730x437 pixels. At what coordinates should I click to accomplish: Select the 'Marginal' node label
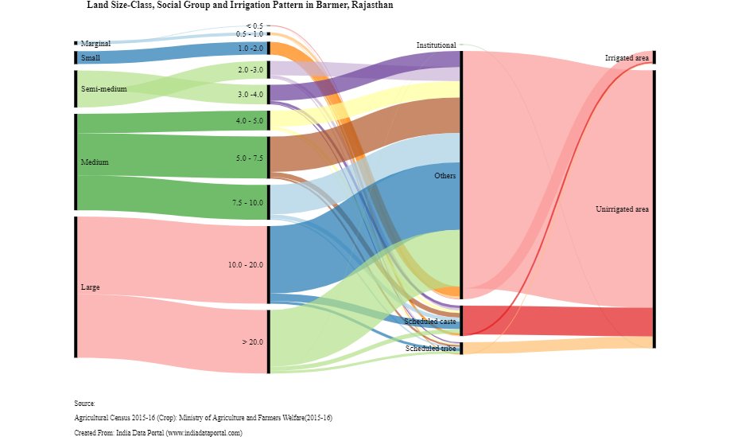pos(95,44)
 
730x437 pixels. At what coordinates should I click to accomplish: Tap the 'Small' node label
pos(90,58)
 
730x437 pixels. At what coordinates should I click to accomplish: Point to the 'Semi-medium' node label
pos(103,89)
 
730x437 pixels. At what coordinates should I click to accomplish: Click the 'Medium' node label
pos(95,162)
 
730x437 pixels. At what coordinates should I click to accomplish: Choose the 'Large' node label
pos(90,287)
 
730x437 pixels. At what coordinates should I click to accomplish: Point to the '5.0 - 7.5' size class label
pos(249,159)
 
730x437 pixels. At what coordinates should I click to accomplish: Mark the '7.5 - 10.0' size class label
pos(247,204)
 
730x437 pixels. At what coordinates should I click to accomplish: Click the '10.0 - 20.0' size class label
pos(245,264)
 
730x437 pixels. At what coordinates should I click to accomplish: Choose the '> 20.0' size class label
pos(252,342)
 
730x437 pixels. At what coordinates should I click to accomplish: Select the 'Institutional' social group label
pos(436,45)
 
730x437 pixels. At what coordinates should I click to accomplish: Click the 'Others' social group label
pos(445,176)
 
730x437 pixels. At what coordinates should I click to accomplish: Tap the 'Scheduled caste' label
pos(429,322)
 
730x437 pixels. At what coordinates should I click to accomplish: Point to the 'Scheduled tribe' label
pos(430,349)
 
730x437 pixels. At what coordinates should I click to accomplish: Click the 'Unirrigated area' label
pos(622,209)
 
